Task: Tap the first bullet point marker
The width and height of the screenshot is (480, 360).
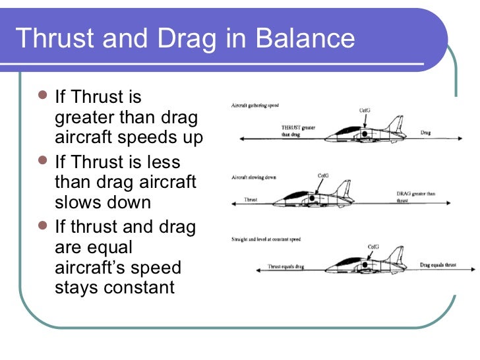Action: (x=43, y=97)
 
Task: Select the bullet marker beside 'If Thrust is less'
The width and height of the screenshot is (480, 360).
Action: (x=43, y=161)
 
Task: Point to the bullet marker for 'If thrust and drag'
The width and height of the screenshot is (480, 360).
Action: (x=43, y=226)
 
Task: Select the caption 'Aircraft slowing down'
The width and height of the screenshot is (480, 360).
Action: (x=255, y=178)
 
